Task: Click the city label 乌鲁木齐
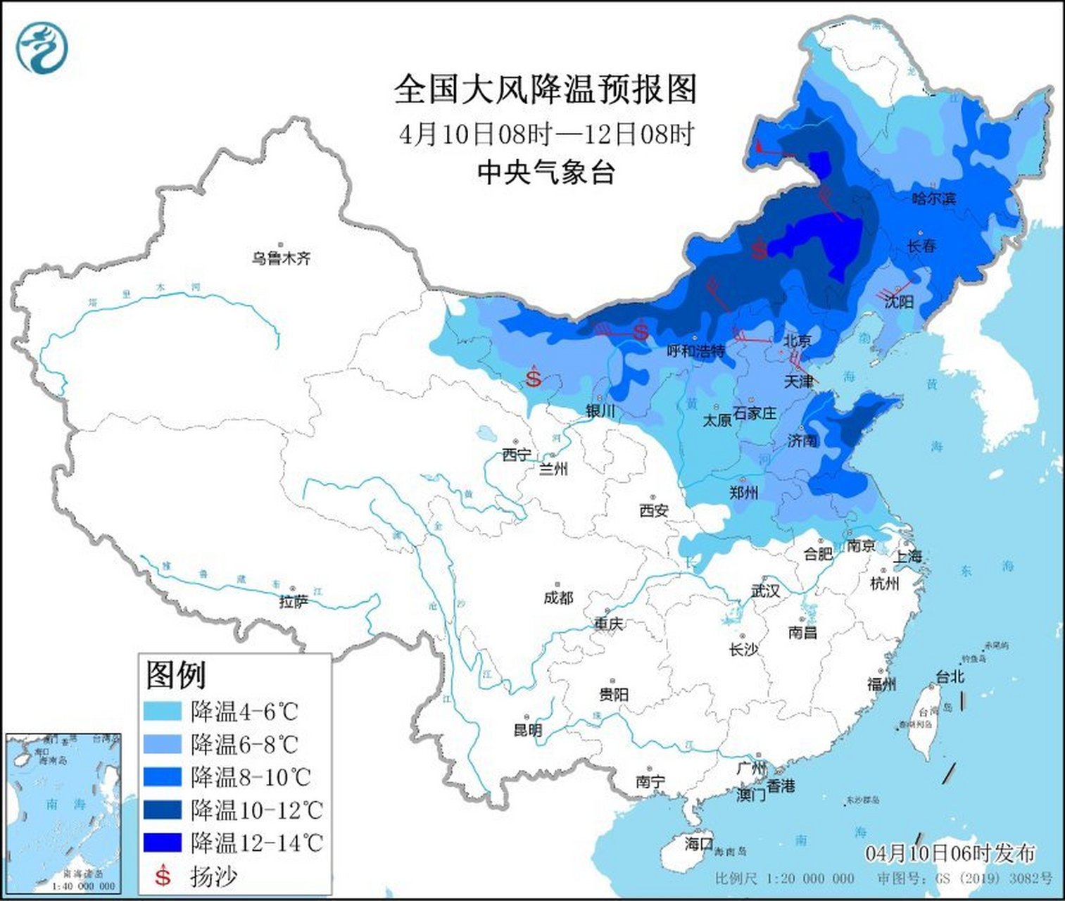click(281, 258)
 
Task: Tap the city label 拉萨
click(293, 602)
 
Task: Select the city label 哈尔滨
click(933, 199)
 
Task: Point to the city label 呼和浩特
click(695, 350)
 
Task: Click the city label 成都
click(558, 598)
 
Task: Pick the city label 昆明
click(527, 730)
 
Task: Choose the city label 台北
click(950, 677)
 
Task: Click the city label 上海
click(907, 555)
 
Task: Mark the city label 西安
click(653, 510)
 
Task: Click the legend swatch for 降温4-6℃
click(163, 711)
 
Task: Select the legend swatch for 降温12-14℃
click(163, 842)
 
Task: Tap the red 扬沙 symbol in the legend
click(163, 875)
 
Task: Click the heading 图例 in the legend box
click(176, 675)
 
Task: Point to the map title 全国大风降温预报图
click(546, 89)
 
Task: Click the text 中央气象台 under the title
click(546, 172)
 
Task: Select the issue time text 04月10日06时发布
click(950, 853)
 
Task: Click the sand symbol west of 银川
click(534, 379)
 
